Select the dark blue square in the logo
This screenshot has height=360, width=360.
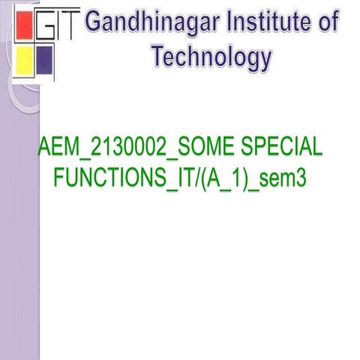point(44,56)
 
